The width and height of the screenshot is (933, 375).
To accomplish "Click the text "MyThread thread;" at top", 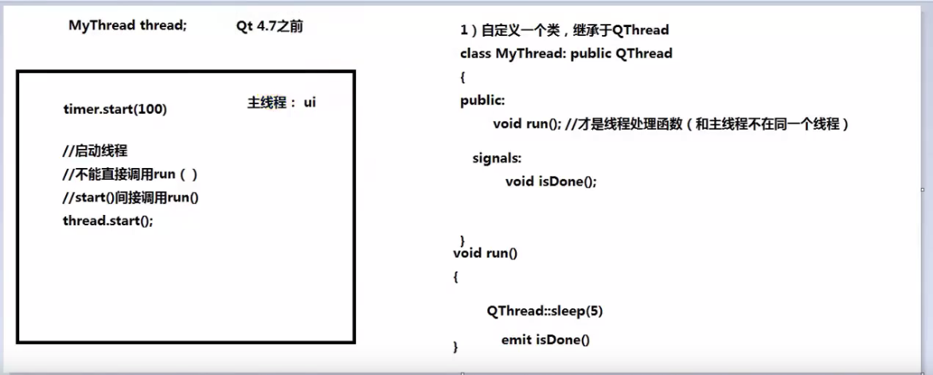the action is click(x=127, y=26).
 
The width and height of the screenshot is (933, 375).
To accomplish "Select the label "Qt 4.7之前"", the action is click(x=270, y=26).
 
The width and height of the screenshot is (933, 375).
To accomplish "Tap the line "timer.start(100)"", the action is click(x=115, y=110).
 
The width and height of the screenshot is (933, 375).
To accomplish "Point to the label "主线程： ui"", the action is click(x=282, y=103).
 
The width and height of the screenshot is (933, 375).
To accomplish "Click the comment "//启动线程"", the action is click(x=95, y=151).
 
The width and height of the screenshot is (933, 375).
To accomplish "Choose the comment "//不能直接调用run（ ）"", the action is click(x=130, y=174).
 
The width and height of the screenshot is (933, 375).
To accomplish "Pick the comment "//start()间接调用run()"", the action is click(x=131, y=197).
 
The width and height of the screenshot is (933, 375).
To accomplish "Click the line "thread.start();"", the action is click(x=107, y=221).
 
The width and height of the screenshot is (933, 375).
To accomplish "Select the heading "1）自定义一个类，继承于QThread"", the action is click(x=564, y=29).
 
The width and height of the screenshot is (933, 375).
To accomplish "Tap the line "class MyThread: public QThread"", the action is click(x=567, y=53).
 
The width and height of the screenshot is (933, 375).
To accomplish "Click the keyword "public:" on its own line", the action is click(x=482, y=101).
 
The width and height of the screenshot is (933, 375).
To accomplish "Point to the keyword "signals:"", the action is click(x=497, y=159).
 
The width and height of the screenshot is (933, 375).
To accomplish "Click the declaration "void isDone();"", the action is click(x=551, y=182).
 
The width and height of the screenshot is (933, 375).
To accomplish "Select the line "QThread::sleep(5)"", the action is click(x=545, y=311).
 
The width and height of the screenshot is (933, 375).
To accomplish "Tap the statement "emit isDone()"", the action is click(x=545, y=340).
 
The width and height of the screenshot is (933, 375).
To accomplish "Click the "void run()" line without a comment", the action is click(x=486, y=253).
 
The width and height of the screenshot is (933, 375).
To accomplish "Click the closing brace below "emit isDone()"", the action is click(x=456, y=346).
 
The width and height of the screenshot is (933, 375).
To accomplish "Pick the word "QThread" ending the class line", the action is click(x=644, y=53).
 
